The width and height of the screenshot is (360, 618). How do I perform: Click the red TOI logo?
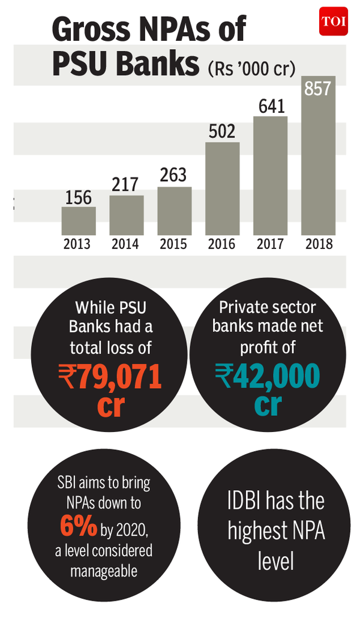point(333,21)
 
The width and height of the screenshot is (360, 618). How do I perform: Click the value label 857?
point(318,89)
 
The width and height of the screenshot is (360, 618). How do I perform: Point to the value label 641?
point(271,106)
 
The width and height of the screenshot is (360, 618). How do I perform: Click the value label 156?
point(79,197)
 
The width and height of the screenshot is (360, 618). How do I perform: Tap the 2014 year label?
point(126,244)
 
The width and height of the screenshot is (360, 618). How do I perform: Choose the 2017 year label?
point(270,244)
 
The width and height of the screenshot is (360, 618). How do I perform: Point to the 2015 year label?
point(174,244)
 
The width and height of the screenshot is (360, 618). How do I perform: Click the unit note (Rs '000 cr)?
point(251,68)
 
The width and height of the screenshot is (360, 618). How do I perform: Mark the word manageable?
point(103,570)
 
